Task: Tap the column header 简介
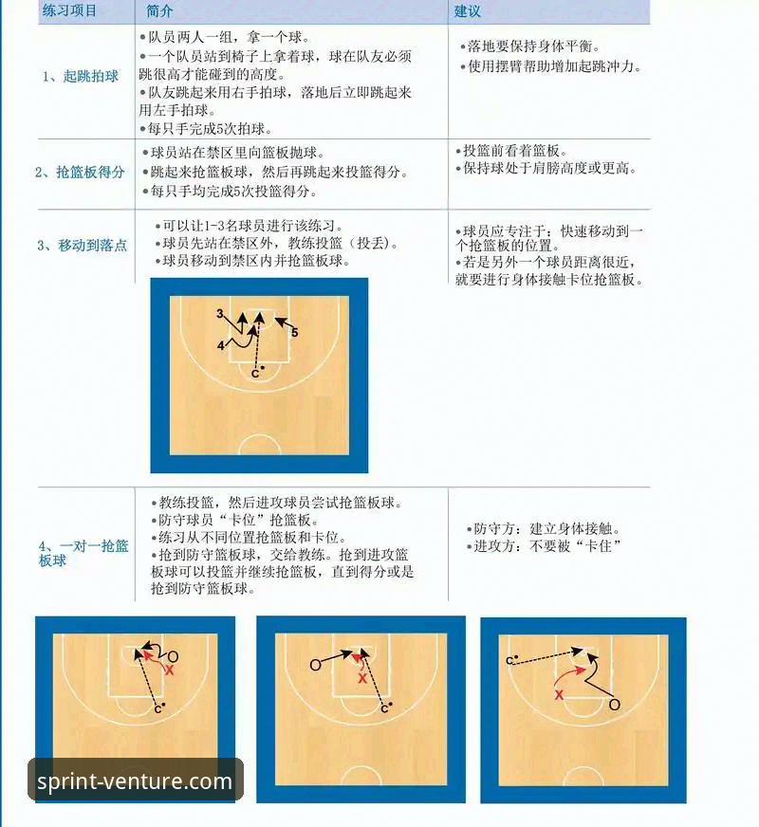tap(160, 11)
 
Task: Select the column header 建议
tap(468, 11)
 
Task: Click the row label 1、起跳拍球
tap(81, 76)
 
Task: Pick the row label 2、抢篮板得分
tap(80, 172)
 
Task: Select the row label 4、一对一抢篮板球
tap(83, 553)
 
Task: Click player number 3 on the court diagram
tap(219, 313)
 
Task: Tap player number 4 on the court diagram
tap(220, 346)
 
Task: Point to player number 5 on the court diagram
tap(295, 333)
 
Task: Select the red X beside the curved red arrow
tap(559, 695)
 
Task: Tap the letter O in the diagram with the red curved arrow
tap(614, 705)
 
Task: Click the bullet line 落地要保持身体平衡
tap(533, 46)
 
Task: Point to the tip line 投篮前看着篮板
tap(512, 151)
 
